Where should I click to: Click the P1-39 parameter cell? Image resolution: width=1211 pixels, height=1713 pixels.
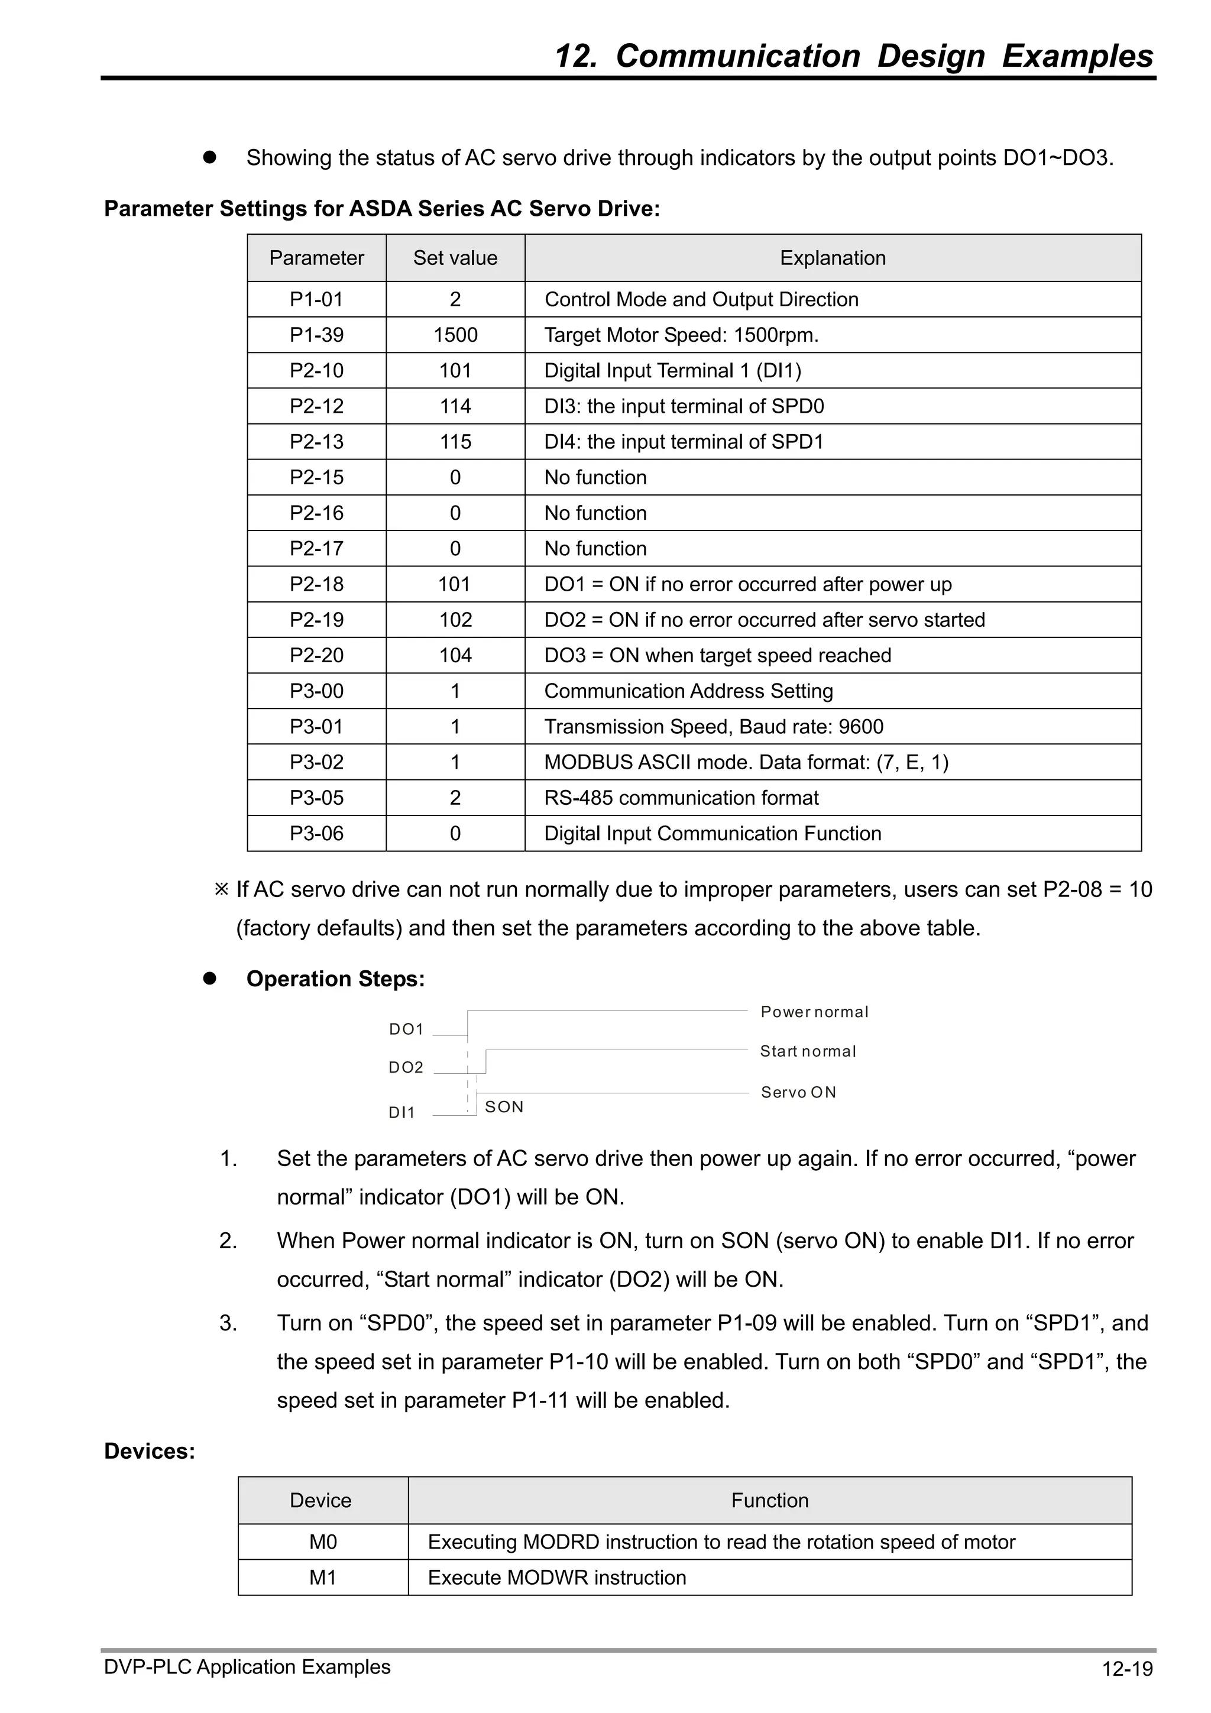(316, 335)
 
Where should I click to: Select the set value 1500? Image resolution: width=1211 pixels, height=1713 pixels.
(455, 335)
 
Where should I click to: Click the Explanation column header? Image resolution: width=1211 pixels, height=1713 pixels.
(833, 258)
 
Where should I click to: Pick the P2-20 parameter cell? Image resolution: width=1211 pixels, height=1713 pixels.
(316, 655)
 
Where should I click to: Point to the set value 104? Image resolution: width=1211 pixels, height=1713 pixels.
(455, 655)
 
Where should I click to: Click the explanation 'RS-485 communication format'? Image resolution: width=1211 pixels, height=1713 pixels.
(681, 798)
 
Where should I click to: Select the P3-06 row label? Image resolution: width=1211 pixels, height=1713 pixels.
(316, 833)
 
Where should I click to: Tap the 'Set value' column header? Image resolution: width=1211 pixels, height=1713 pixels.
(455, 258)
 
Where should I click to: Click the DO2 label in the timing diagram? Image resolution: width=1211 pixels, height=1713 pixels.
(406, 1068)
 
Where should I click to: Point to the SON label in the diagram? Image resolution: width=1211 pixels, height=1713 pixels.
(504, 1107)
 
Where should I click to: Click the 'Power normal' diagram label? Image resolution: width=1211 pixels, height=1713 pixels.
(814, 1012)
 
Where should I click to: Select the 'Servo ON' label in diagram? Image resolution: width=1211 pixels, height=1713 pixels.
(798, 1092)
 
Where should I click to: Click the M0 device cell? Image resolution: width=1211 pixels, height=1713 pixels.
(323, 1542)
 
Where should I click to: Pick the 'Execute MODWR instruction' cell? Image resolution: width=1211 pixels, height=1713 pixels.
(556, 1578)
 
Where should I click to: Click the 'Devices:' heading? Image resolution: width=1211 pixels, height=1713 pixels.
(149, 1451)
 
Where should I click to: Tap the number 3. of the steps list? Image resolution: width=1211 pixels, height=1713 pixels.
(228, 1323)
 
